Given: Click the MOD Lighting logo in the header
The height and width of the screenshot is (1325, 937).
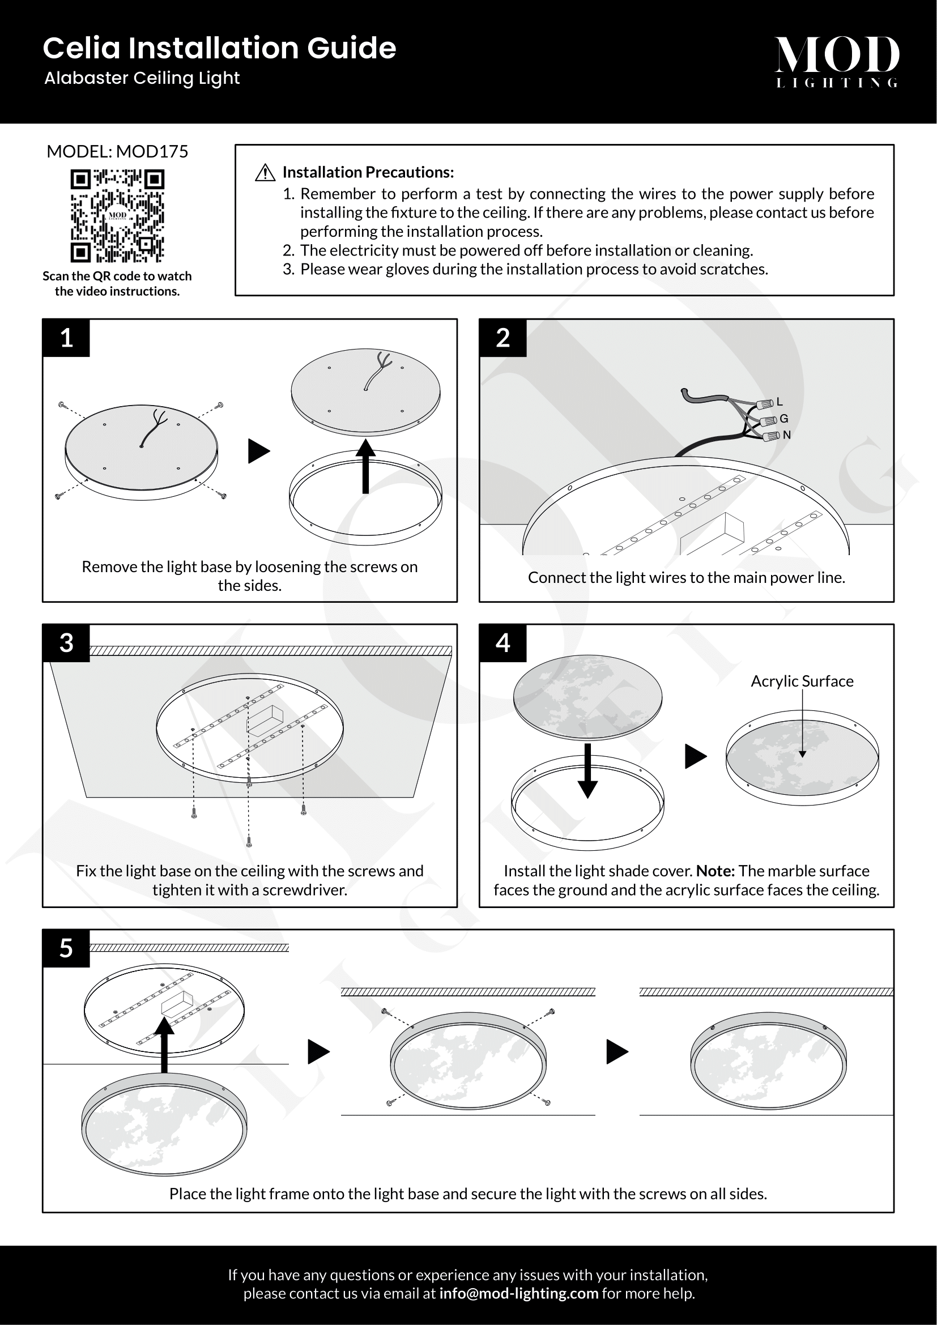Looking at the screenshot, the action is point(837,62).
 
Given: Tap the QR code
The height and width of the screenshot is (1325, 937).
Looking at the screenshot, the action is point(117,216).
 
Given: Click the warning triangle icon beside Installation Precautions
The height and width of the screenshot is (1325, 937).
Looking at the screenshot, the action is point(265,173).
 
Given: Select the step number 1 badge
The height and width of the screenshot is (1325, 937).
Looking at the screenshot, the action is point(66,338).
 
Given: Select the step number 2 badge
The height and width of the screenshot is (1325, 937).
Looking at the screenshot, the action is point(503,338).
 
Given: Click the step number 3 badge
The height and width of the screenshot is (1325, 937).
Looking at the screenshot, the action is point(66,643).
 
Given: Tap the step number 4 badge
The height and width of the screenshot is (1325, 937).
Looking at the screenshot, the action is point(503,643).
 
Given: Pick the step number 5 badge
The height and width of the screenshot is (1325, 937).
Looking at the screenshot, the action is point(66,948).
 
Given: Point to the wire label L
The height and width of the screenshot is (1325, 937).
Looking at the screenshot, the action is point(780,402).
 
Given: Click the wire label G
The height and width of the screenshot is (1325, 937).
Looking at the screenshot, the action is point(784,419).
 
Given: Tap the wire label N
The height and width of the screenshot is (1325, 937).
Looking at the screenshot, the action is point(787,435).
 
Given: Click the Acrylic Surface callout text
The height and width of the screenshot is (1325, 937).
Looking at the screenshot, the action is point(802,681).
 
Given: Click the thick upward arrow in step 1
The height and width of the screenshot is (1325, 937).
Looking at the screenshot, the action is point(365,466).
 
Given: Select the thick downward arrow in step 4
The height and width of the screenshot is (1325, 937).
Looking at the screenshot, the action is point(587,771).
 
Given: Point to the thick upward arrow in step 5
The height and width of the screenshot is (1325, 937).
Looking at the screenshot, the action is point(164,1045).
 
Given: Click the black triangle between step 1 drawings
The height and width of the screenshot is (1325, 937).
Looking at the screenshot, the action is point(259,451).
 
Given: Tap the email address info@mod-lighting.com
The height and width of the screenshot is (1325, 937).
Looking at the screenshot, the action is point(519,1293).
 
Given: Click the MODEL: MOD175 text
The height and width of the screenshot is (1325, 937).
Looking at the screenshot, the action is point(117,152).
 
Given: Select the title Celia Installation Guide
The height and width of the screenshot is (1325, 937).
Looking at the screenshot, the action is point(219,48).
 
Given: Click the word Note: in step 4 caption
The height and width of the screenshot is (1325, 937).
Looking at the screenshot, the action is point(715,871).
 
